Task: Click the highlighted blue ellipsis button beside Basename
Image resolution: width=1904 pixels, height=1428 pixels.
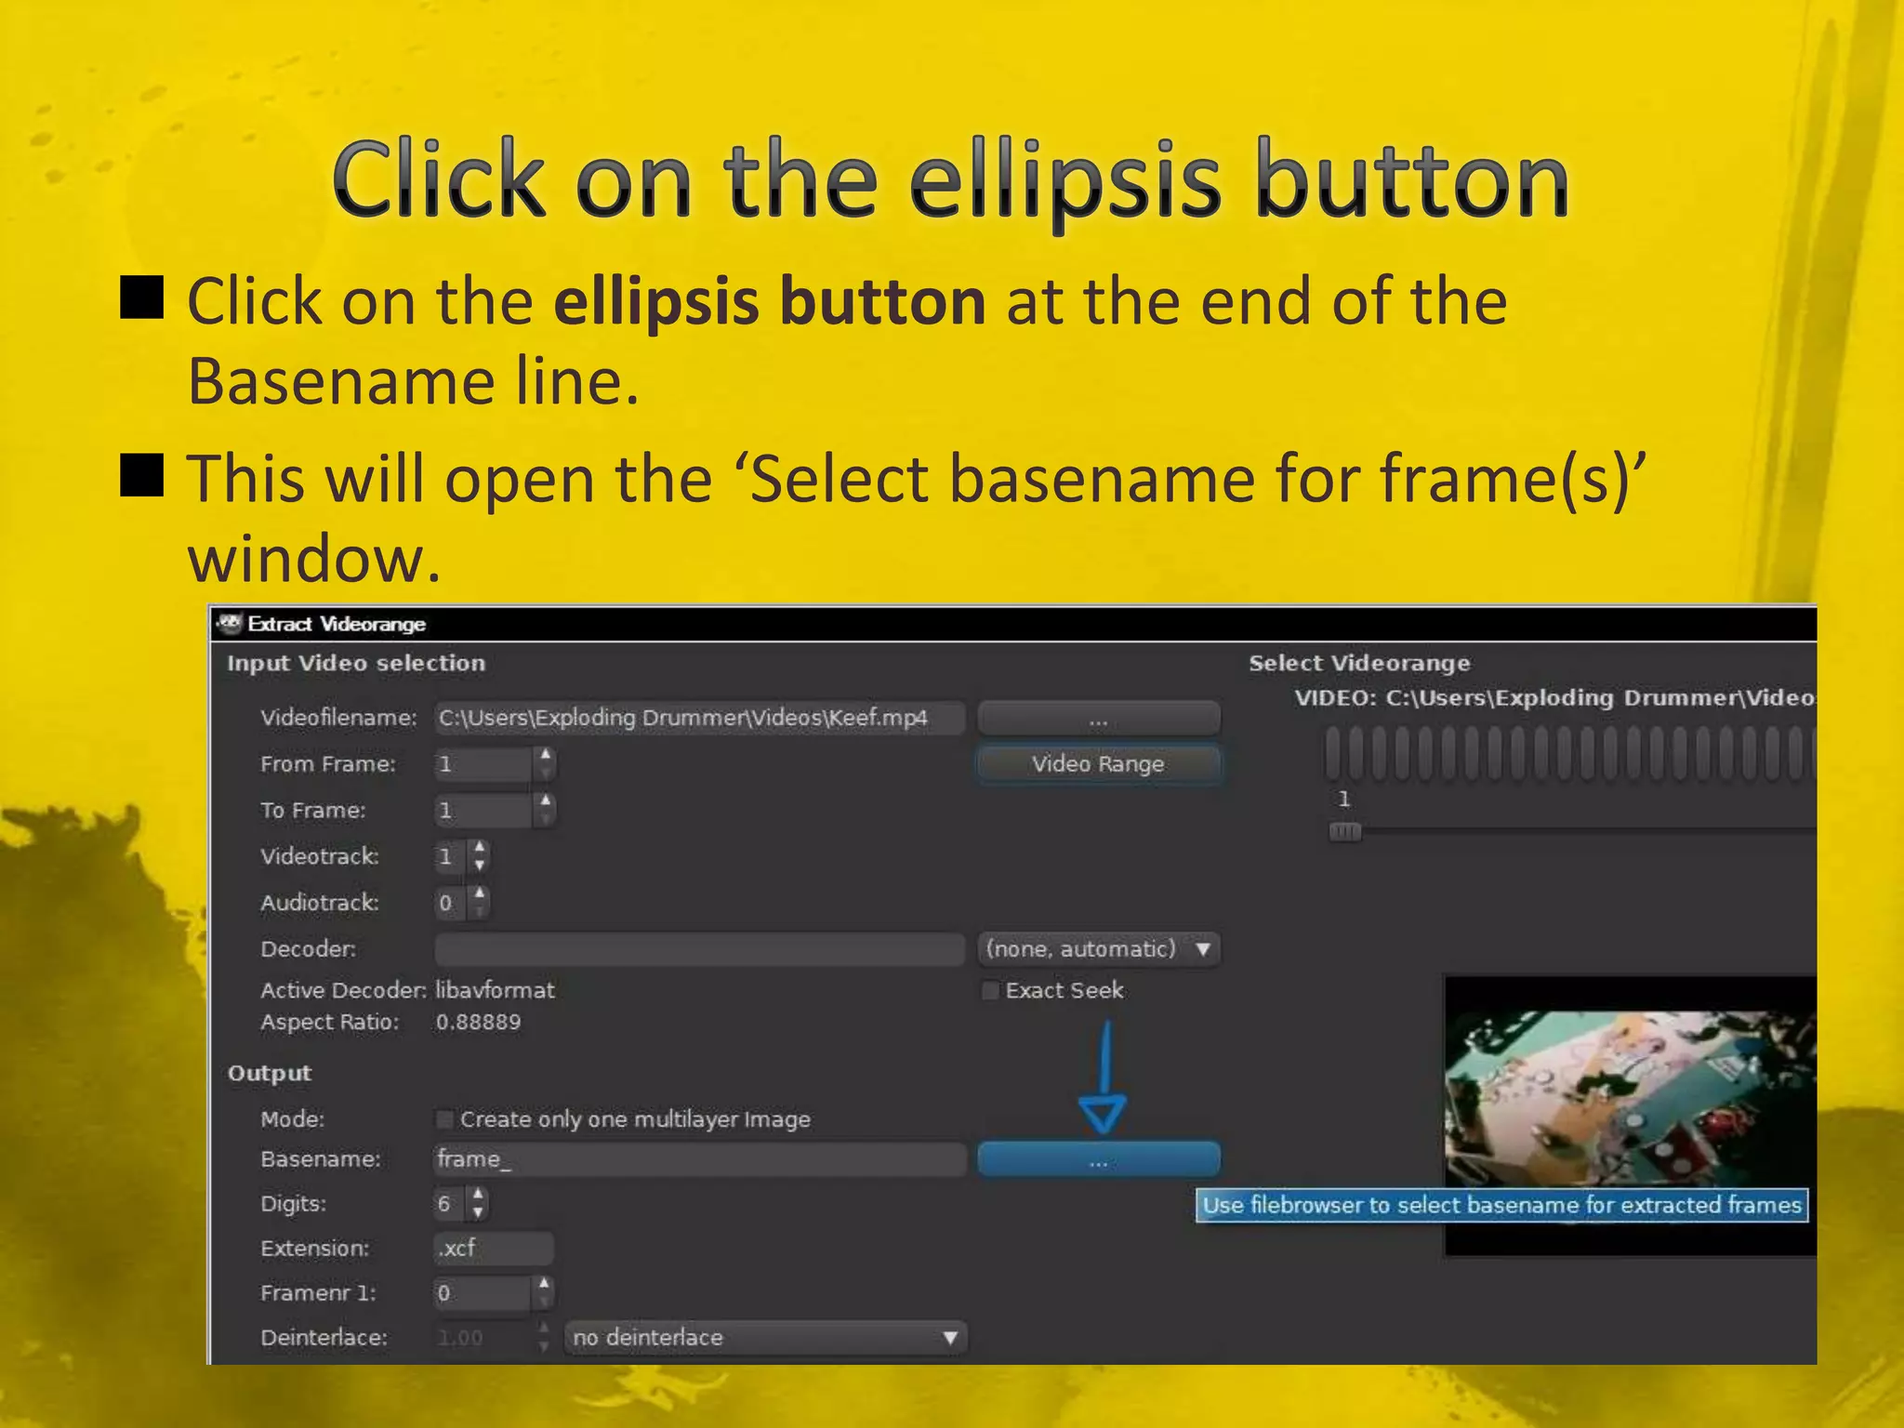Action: coord(1098,1160)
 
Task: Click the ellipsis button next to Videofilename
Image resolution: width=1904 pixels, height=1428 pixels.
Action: coord(1098,719)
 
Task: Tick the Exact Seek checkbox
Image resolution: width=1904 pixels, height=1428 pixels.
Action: coord(991,991)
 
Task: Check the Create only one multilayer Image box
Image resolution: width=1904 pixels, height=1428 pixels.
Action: coord(445,1119)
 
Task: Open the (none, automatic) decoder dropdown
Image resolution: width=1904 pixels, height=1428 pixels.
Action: coord(1099,949)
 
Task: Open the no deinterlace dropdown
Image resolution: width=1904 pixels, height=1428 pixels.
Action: coord(765,1338)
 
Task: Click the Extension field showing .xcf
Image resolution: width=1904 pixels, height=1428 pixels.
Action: coord(494,1249)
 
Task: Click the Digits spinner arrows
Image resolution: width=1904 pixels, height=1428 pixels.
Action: coord(478,1204)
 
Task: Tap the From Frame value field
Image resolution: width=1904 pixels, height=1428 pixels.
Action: coord(483,764)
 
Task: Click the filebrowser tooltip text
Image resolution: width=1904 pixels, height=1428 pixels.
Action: coord(1501,1206)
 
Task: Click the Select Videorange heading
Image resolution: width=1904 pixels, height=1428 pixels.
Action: coord(1359,664)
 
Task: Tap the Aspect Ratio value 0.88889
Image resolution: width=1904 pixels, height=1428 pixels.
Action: coord(478,1023)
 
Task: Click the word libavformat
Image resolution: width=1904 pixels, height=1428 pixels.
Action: coord(495,991)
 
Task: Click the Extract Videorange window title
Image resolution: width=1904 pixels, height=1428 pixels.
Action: coord(337,625)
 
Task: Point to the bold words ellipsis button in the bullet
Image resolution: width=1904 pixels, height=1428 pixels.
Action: coord(770,302)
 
